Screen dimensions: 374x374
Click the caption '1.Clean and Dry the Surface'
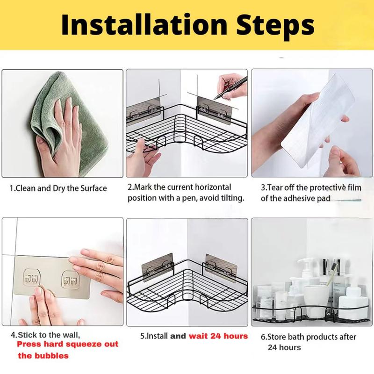(58, 188)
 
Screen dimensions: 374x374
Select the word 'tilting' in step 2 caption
(232, 198)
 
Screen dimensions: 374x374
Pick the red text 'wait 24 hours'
(218, 336)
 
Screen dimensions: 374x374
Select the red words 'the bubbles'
(43, 356)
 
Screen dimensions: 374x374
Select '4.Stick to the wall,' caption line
(45, 335)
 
